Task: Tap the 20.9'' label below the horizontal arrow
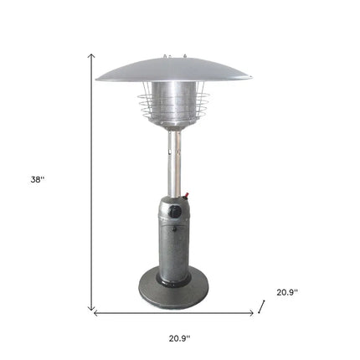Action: [179, 338]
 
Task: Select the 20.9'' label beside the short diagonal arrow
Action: [287, 292]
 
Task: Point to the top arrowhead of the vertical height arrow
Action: [92, 54]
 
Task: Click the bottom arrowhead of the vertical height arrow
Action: [92, 308]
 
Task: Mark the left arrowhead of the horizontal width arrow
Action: [95, 314]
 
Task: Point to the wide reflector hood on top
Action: [173, 69]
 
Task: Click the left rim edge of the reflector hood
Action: [99, 78]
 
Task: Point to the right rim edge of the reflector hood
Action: [249, 78]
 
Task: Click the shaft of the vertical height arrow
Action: [92, 180]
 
